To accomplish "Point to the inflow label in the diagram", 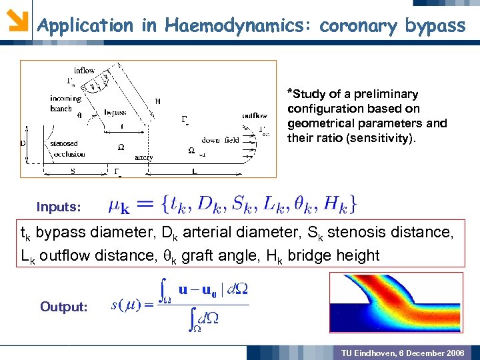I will click(84, 71).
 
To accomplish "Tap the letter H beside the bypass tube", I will click(157, 101).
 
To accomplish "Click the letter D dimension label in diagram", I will click(24, 143).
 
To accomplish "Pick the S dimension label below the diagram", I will click(72, 171).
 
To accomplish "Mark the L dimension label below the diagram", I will click(193, 171).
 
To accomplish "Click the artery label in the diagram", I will click(143, 157).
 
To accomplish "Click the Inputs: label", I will click(59, 207).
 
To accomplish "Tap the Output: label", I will click(64, 307).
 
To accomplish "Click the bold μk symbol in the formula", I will click(119, 205).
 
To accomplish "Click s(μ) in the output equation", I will click(125, 305).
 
